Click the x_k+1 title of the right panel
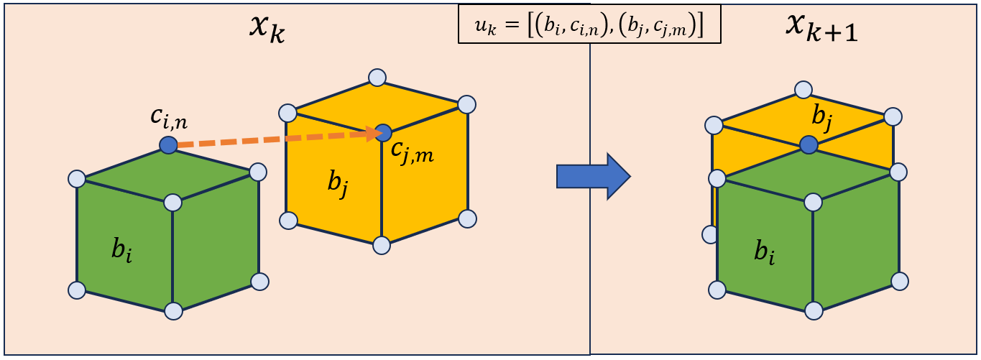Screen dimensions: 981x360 coord(821,29)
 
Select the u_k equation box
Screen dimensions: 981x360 coord(589,24)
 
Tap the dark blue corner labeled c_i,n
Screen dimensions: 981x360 coord(168,145)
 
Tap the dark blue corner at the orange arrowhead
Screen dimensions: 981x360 coord(384,133)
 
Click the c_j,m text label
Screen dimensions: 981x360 coord(412,152)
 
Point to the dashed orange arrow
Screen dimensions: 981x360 coord(277,139)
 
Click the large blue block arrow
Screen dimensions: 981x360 coord(594,177)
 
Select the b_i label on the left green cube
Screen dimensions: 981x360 coord(121,251)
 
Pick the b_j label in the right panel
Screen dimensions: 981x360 coord(821,119)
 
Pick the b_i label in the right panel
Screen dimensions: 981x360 coord(765,253)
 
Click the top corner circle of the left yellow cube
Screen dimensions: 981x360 coord(377,78)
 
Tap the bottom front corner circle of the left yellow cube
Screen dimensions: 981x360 coord(382,245)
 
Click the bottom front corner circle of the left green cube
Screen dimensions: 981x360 coord(173,311)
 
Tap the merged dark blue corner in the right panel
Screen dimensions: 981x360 coord(809,144)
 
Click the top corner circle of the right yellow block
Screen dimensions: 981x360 coord(803,91)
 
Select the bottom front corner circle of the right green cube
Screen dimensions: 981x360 coord(814,310)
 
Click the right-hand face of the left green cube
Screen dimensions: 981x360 coord(216,241)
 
